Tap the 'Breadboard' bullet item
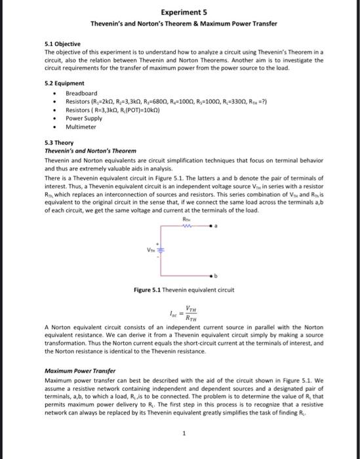(81, 93)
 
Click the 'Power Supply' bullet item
(84, 119)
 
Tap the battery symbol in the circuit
(161, 250)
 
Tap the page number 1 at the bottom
(184, 432)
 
